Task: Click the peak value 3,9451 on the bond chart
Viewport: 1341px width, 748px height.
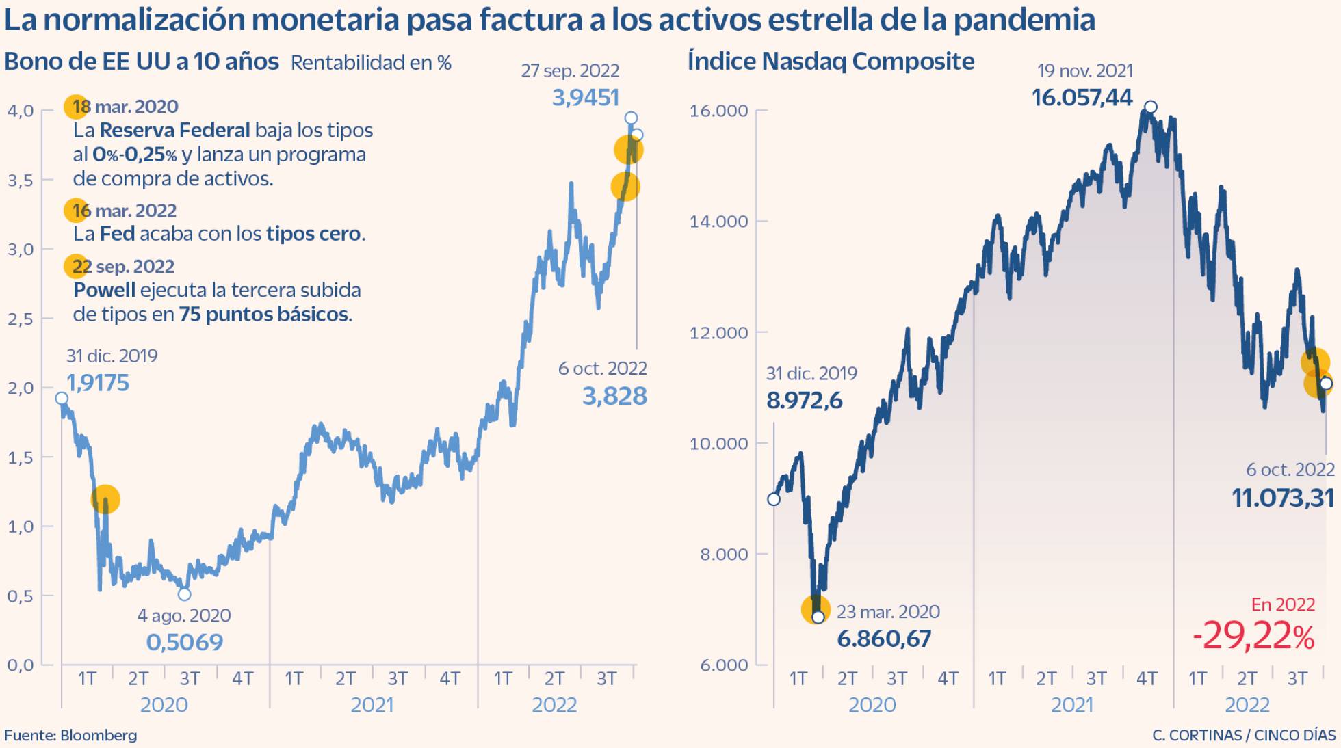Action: [585, 98]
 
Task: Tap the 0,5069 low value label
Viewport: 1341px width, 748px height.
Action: [185, 642]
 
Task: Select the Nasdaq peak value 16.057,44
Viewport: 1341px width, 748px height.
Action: [1082, 98]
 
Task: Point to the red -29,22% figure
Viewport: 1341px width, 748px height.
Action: [1253, 636]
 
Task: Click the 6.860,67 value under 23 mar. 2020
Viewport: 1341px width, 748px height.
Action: [884, 639]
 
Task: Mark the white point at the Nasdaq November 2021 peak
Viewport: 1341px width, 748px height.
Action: [1151, 107]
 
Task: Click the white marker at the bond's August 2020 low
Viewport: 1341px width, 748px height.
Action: [184, 594]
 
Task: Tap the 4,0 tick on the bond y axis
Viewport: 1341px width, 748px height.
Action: [21, 111]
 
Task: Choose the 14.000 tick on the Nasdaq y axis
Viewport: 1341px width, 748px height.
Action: [718, 222]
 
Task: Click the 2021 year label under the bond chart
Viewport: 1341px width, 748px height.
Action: [372, 705]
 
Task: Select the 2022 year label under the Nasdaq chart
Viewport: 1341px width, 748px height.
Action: [1247, 705]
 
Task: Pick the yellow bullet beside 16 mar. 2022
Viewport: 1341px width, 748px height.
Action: [76, 211]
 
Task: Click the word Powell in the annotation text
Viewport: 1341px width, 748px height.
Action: [104, 290]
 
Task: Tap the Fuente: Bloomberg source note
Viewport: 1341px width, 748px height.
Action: [70, 736]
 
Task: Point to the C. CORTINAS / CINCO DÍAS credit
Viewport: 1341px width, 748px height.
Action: [1244, 736]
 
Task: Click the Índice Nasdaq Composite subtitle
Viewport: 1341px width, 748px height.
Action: [831, 62]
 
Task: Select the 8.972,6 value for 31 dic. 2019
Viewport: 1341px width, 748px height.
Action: [805, 400]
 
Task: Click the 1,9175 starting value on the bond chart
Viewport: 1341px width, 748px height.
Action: [98, 383]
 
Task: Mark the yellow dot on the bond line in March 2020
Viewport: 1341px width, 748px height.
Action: [105, 499]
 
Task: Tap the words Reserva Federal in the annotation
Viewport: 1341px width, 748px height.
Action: [174, 130]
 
